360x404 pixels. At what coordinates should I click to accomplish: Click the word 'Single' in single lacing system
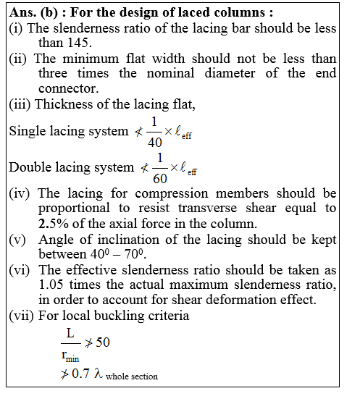tap(28, 132)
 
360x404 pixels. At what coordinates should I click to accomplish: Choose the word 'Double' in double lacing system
tap(31, 168)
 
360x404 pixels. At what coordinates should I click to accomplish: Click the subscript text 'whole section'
tap(131, 376)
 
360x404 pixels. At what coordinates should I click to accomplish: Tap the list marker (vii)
tap(21, 317)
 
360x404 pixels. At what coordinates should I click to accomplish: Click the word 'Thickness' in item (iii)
tap(64, 104)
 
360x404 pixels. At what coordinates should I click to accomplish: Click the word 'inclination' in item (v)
tap(117, 239)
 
